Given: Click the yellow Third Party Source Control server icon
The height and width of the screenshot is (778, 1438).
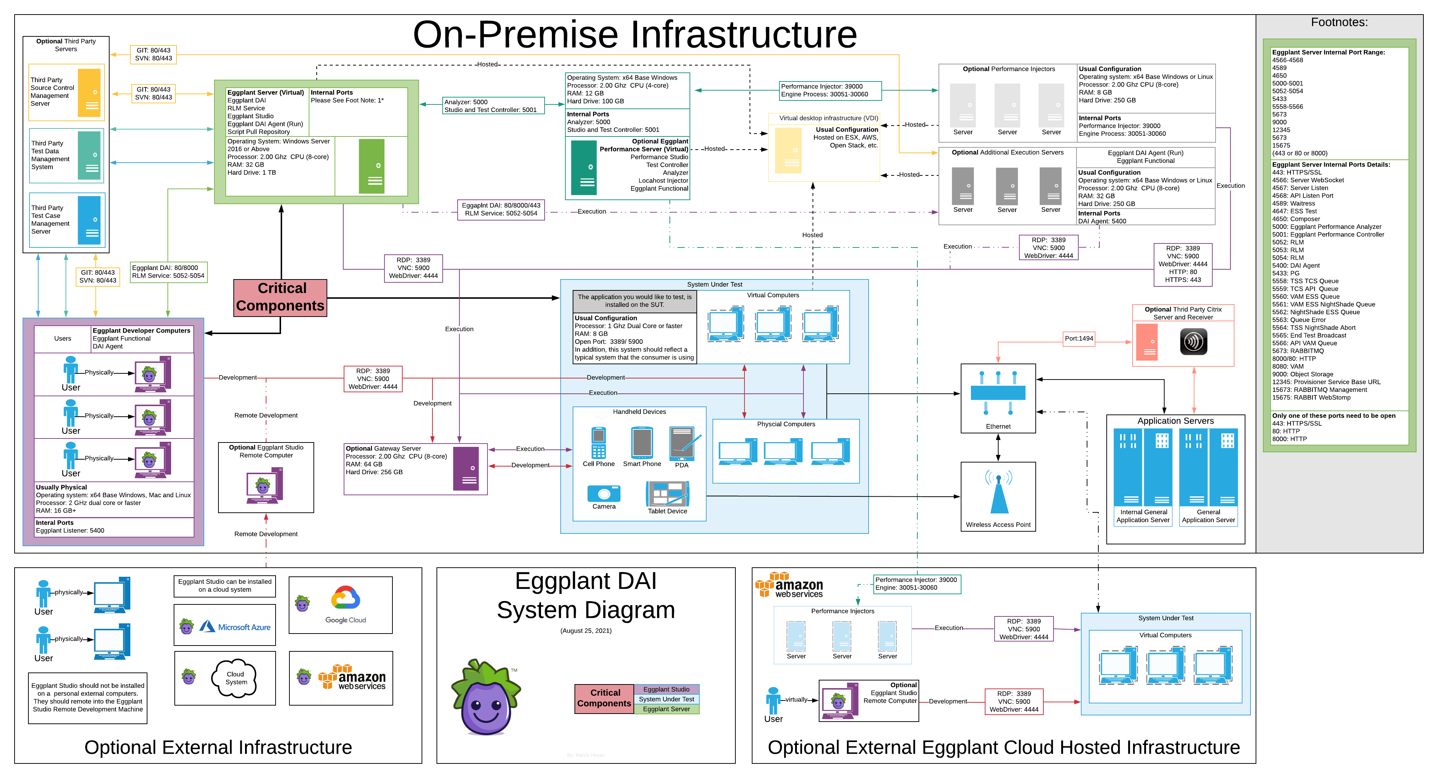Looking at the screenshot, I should [x=89, y=93].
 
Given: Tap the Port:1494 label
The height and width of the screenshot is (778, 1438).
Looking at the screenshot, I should [x=1078, y=338].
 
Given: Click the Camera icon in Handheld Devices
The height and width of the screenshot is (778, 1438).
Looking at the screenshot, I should [x=604, y=494].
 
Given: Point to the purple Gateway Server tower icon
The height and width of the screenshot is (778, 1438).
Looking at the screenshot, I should [x=466, y=469].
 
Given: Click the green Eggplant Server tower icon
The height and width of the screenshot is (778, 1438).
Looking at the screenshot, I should [x=371, y=166].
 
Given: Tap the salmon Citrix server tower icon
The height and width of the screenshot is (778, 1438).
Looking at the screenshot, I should [x=1147, y=342].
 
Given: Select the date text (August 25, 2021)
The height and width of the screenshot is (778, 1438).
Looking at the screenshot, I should [x=586, y=631].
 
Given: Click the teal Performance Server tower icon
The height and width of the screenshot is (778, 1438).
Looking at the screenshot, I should [x=584, y=167].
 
